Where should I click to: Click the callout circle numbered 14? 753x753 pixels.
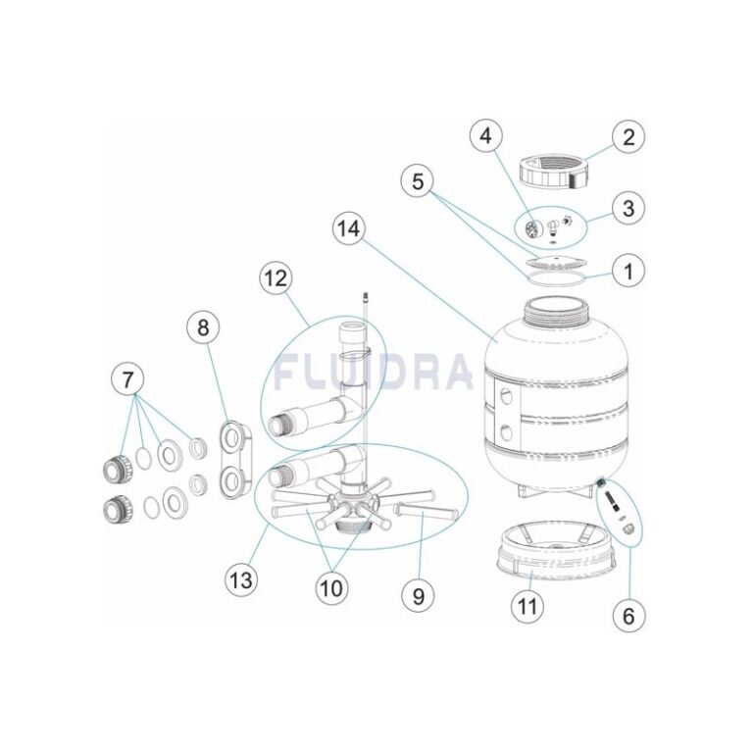348,228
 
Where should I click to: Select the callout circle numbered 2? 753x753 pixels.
628,137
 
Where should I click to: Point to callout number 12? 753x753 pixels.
276,278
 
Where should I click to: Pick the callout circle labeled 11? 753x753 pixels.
527,606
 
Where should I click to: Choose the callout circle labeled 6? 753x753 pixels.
628,615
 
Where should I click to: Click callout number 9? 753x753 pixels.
418,595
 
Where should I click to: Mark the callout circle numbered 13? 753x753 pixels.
241,579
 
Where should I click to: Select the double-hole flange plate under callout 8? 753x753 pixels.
235,460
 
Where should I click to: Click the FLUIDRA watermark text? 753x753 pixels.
373,372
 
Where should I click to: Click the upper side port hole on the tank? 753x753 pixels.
506,398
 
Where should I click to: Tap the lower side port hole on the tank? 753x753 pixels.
506,433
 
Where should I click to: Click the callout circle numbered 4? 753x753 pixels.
486,136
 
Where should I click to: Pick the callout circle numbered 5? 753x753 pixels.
418,182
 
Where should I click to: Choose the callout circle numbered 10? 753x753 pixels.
331,588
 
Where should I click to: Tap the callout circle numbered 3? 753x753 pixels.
628,208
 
